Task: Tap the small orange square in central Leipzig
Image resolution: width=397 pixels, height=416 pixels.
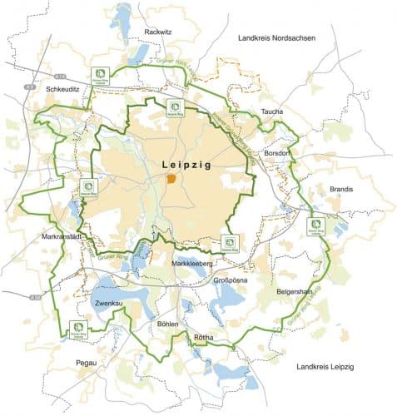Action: (171, 178)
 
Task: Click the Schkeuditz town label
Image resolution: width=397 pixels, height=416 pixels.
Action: (63, 87)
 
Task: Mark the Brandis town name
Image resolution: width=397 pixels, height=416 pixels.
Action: (341, 189)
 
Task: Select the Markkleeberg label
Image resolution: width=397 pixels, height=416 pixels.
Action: (193, 264)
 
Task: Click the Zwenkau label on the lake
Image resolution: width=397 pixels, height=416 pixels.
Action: (110, 305)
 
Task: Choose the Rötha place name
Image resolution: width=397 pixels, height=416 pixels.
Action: (204, 337)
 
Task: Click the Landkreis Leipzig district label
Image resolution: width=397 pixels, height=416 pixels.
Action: (325, 366)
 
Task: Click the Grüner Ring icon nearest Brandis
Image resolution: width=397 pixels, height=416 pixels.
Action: (316, 225)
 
